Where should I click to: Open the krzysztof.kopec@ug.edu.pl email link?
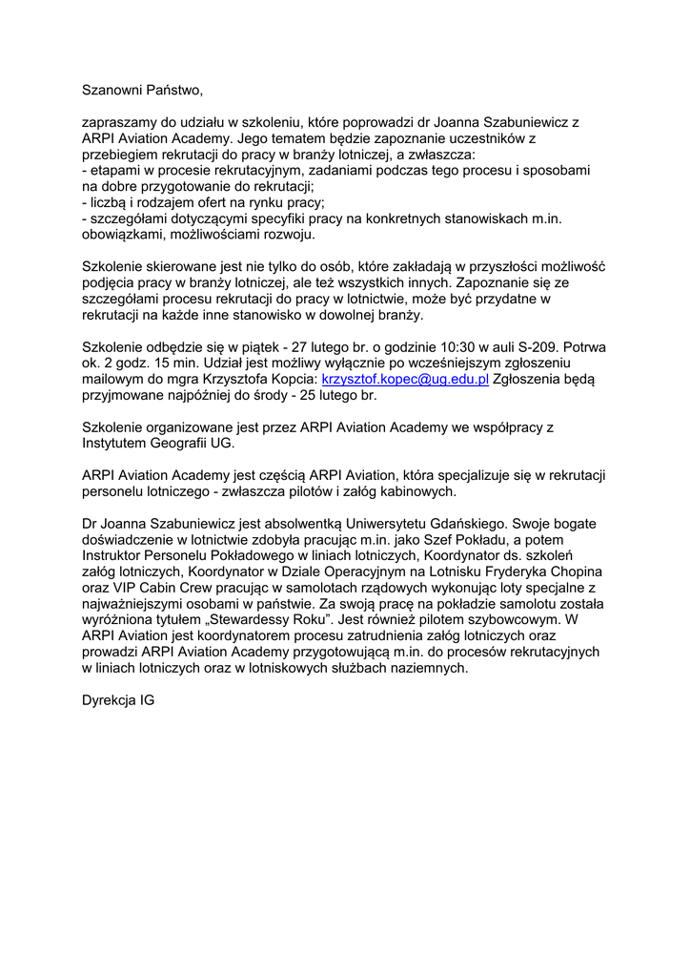405,379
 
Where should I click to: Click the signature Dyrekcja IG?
117,700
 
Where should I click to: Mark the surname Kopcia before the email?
288,379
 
